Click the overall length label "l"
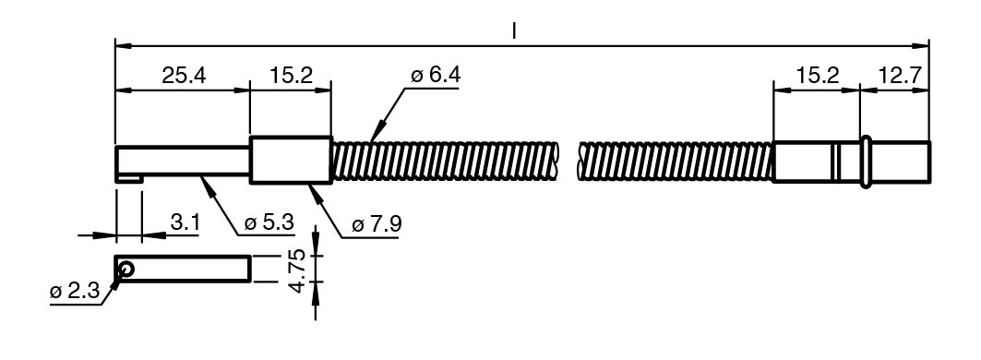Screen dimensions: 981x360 [514, 30]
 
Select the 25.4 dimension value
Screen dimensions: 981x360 [184, 76]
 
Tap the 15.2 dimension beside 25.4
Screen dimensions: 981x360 [291, 76]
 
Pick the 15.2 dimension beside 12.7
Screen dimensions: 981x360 [817, 76]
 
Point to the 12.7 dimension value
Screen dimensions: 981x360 [900, 76]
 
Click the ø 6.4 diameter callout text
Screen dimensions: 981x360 [436, 75]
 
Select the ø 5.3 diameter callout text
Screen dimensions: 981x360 [269, 222]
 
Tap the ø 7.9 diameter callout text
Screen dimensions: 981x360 [376, 224]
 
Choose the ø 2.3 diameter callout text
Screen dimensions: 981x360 [75, 292]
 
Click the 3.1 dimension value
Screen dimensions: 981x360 [185, 222]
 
